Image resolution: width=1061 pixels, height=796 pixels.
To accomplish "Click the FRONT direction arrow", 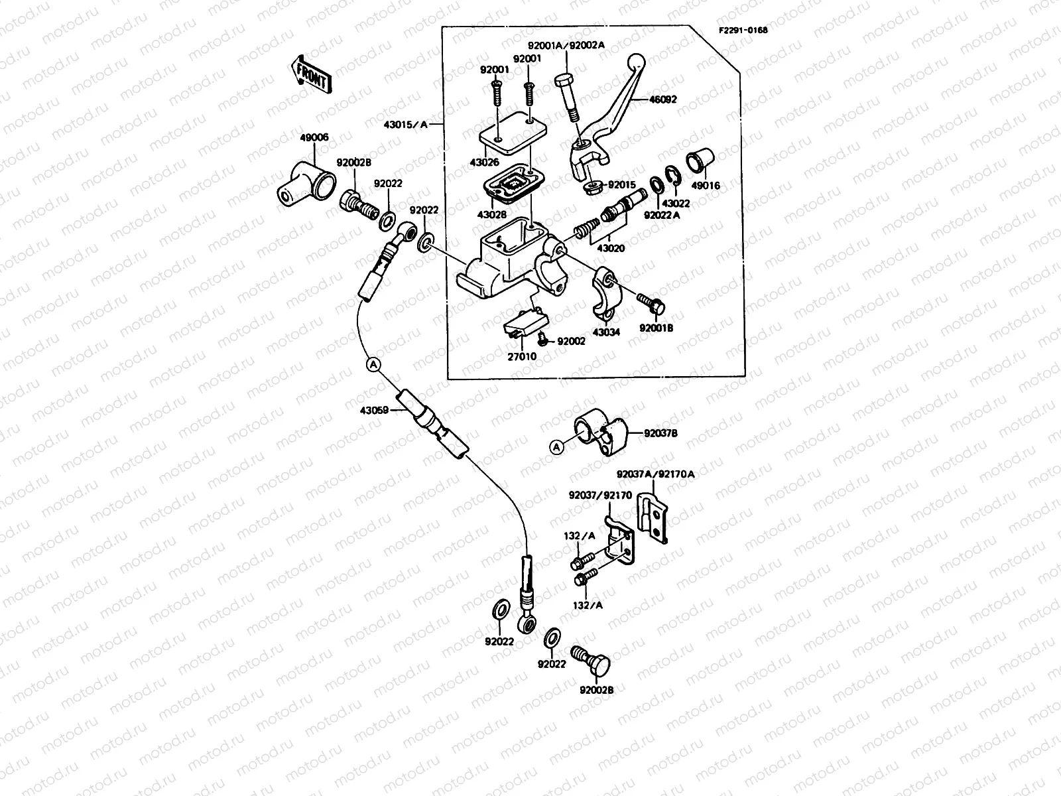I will (x=310, y=74).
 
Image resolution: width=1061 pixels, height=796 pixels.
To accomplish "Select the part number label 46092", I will (x=662, y=99).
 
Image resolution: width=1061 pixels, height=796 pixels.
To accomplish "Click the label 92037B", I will (x=660, y=433).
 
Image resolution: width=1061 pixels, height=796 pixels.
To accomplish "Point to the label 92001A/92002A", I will (x=566, y=46).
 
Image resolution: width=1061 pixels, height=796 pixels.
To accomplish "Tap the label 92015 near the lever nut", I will (x=622, y=185).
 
